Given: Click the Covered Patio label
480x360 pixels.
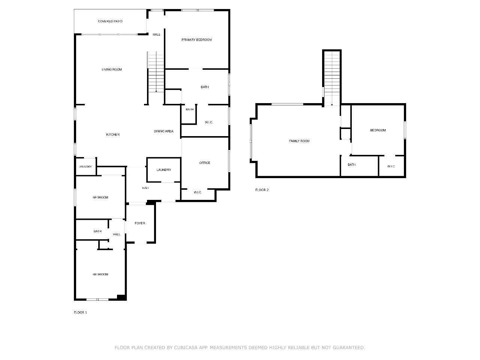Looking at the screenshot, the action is coord(110,21).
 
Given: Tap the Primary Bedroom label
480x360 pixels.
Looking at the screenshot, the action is coord(196,40).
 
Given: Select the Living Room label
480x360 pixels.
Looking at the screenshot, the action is coord(111,69).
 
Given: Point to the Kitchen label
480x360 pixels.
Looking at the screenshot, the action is coord(112,135).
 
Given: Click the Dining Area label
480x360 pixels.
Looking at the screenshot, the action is coord(163,131).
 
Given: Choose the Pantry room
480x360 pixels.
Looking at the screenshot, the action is coord(86,166).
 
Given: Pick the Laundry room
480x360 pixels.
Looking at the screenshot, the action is coord(163,170).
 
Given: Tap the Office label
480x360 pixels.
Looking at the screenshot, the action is coord(205,163).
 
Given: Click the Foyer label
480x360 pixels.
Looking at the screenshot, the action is coord(140,223).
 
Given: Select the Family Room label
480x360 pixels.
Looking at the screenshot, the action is coord(299,141).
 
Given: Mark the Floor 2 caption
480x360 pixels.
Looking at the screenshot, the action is coord(262,190).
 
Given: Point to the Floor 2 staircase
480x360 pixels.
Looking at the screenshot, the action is coord(332,78).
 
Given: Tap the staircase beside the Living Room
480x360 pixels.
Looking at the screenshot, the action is coord(156,72).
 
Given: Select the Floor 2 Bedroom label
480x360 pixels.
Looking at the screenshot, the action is coord(378,130).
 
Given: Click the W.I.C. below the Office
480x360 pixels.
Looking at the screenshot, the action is coord(198,192).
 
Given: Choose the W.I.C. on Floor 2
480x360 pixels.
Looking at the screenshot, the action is coord(391,166).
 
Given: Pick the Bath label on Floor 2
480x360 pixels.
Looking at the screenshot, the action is coord(351,165).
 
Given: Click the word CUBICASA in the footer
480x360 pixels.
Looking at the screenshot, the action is coord(186,348).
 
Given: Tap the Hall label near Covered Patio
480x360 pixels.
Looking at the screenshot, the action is coord(156,34).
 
